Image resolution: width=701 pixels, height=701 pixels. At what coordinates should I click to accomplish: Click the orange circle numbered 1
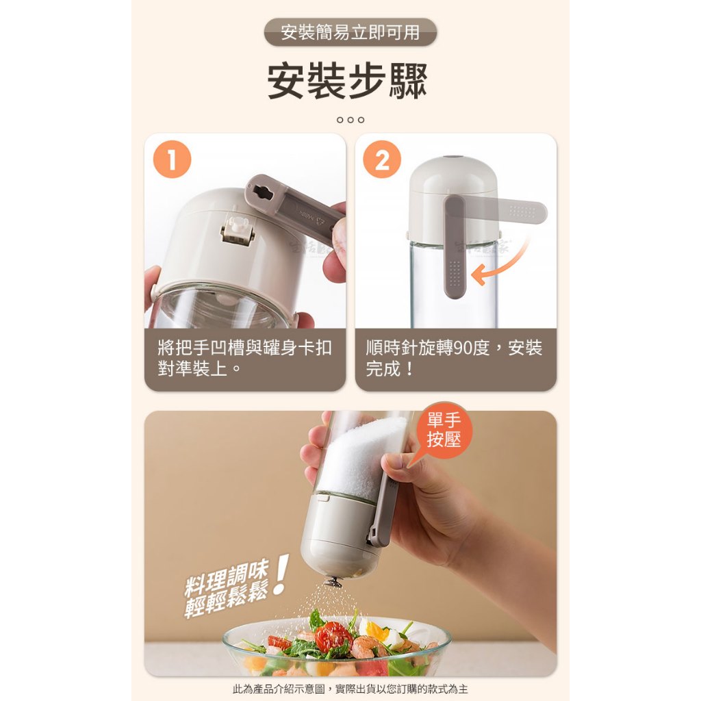tap(172, 160)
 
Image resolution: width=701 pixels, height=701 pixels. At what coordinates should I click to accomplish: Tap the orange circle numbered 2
tap(382, 160)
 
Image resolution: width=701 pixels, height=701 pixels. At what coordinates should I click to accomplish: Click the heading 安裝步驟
tap(347, 81)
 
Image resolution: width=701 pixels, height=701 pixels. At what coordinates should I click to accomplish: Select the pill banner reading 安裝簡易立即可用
tap(350, 32)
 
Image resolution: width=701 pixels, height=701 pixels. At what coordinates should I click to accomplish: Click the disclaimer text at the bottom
tap(350, 689)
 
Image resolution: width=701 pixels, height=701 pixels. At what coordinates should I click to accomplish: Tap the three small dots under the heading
tap(350, 120)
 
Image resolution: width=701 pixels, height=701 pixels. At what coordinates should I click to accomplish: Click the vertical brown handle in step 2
tap(455, 246)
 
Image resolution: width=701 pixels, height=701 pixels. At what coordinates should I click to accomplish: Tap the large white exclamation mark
tap(281, 574)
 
